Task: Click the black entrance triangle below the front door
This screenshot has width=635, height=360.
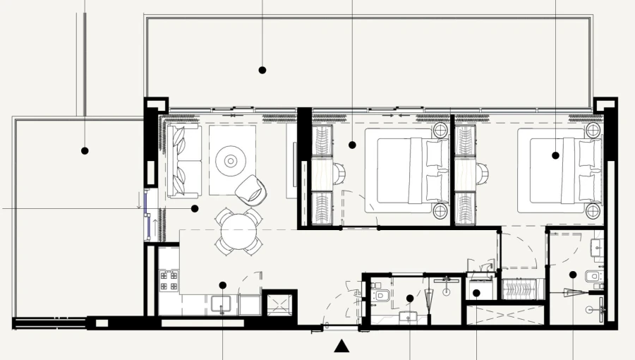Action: coord(341,345)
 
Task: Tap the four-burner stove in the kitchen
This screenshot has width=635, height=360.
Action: coord(169,281)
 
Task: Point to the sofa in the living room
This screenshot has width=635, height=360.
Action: coord(183,161)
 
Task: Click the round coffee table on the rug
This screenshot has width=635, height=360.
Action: coord(232,160)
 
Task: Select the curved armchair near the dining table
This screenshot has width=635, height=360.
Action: coord(249,190)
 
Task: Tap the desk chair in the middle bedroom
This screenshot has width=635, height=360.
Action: coord(338,171)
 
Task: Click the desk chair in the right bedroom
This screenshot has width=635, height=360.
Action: coord(483,171)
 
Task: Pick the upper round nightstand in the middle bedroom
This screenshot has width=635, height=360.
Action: coord(440,131)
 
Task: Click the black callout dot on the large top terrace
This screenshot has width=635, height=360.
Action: coord(262,70)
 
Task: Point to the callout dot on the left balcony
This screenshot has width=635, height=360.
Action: coord(85,150)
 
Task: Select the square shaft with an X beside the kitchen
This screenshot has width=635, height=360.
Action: coord(279,303)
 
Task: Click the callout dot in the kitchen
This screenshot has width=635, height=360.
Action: coord(222,285)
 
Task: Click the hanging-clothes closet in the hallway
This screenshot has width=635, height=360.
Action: coord(522,289)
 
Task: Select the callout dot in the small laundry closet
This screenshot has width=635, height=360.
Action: coord(476,293)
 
